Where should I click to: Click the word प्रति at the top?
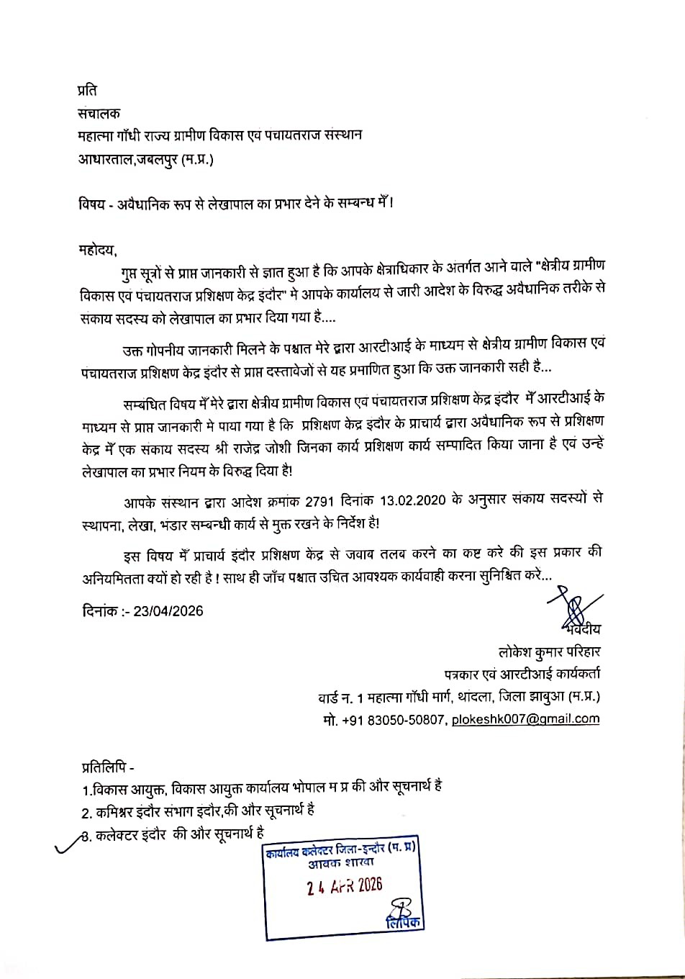point(87,91)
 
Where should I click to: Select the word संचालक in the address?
point(99,113)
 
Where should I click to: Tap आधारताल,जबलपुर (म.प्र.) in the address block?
point(146,158)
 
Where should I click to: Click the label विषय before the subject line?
point(92,204)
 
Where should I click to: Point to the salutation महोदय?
point(97,250)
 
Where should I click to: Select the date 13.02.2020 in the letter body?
point(409,501)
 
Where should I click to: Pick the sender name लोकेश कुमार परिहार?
point(550,652)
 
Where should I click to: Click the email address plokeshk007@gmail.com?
point(525,718)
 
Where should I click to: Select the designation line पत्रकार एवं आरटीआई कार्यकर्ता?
point(522,675)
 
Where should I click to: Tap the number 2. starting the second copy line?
point(86,812)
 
